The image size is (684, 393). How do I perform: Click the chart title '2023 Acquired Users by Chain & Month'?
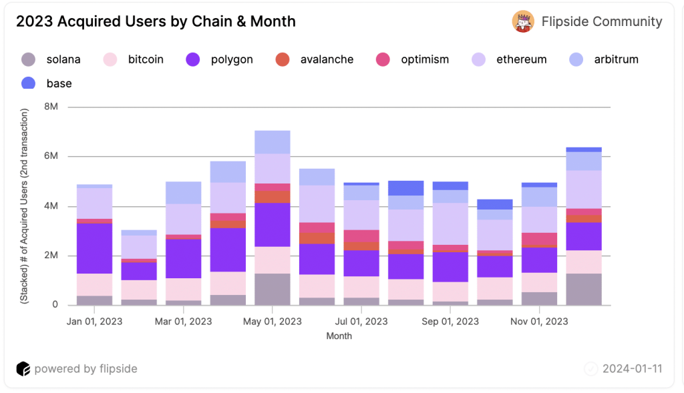(x=156, y=21)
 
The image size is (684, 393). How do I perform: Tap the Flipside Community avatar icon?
(x=522, y=21)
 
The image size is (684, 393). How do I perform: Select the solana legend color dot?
(x=29, y=59)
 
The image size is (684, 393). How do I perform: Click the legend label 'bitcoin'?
(x=146, y=59)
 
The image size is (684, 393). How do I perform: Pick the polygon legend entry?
(x=232, y=59)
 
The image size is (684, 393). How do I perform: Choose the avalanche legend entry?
(x=327, y=59)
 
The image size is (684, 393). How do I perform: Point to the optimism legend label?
(x=425, y=59)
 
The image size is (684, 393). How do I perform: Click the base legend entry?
(x=59, y=83)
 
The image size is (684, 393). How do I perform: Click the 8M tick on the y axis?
(x=51, y=107)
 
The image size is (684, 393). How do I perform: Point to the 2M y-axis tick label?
(x=51, y=256)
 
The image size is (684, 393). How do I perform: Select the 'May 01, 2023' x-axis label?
(x=272, y=321)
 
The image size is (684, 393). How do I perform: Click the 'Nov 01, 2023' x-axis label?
(x=539, y=321)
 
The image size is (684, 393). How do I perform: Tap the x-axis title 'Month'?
(x=339, y=336)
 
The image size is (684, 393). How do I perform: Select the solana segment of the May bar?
(x=272, y=289)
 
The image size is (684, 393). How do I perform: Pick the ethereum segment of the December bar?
(x=584, y=189)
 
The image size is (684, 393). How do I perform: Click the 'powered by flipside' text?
(x=85, y=369)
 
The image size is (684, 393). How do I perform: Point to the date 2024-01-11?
(x=632, y=369)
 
